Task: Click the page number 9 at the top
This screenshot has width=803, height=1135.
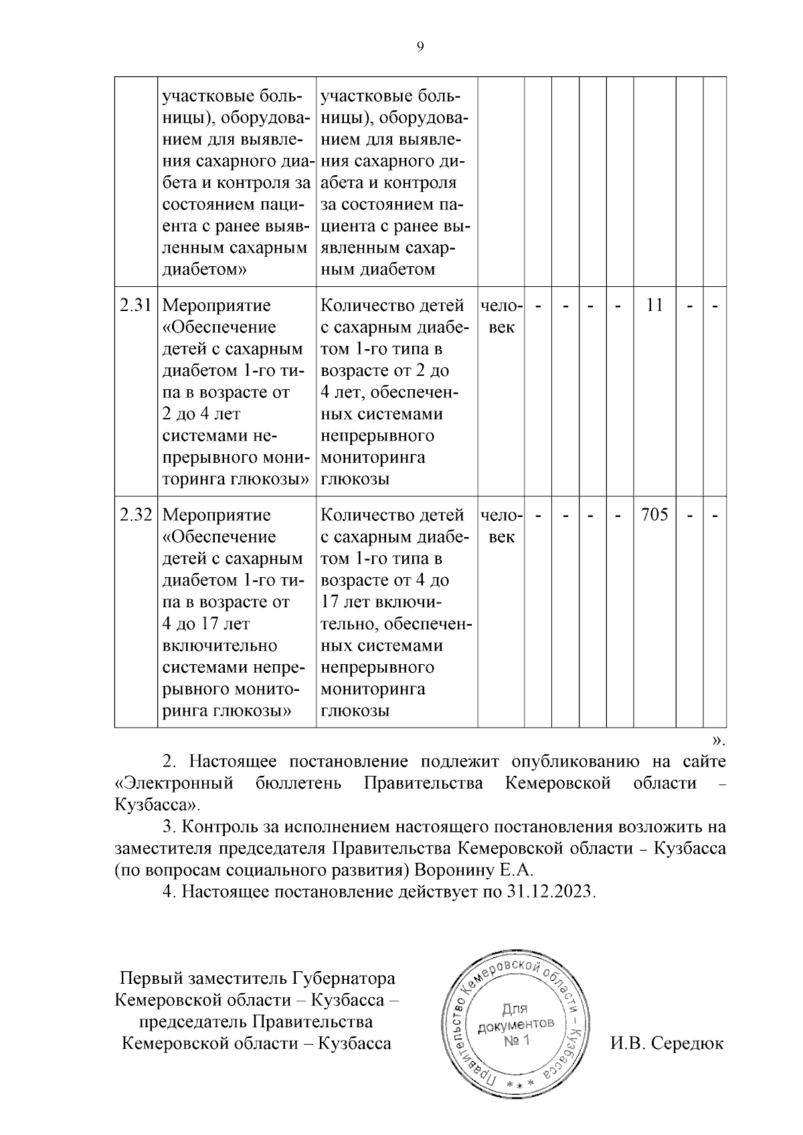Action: (420, 46)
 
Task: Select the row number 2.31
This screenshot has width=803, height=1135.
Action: (135, 306)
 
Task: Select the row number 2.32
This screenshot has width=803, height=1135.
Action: (135, 515)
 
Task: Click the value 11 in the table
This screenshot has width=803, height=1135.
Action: (654, 306)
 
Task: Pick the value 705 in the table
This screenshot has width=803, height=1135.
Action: (654, 515)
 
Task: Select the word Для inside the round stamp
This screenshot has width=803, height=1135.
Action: (514, 1009)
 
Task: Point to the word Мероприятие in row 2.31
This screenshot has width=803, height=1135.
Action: (217, 306)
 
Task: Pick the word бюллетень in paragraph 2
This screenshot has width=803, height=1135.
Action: (298, 783)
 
